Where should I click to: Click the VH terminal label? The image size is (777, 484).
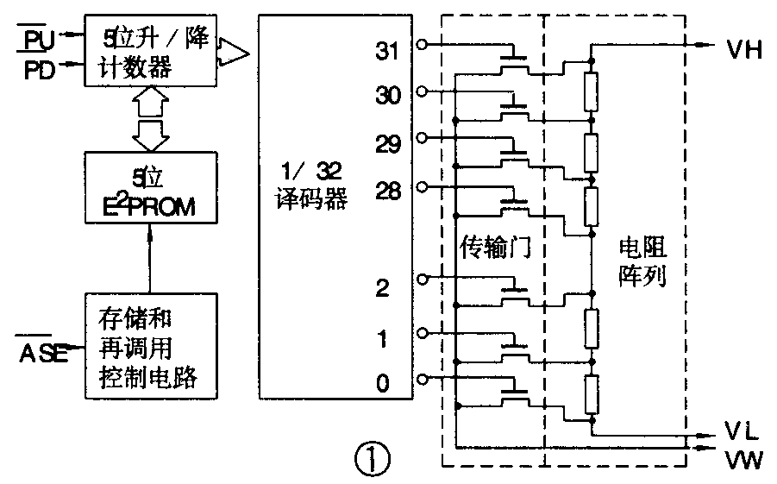click(743, 49)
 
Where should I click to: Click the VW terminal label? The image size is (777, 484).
click(743, 460)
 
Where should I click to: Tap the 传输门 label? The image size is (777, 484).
click(494, 247)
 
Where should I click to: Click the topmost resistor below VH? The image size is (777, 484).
click(591, 92)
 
